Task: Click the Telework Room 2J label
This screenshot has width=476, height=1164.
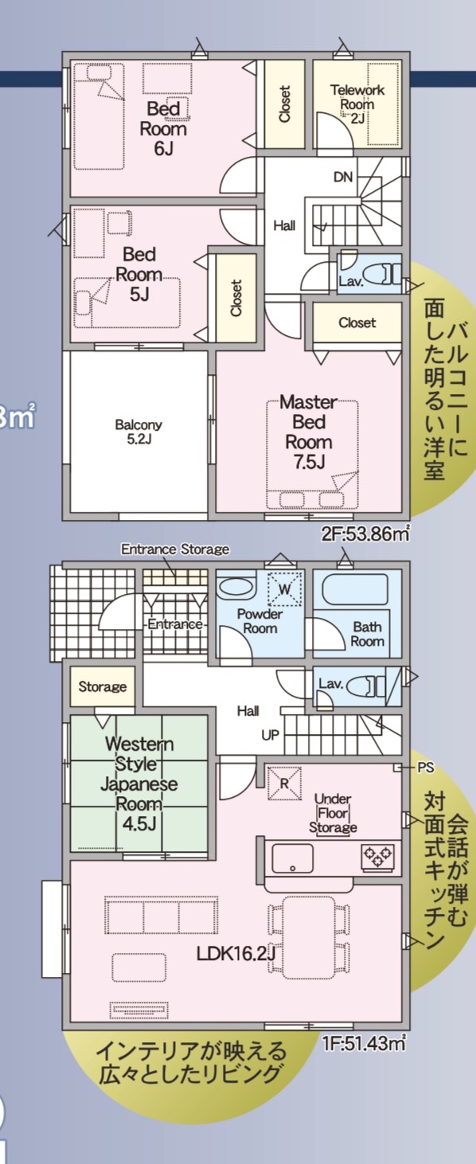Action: [x=357, y=104]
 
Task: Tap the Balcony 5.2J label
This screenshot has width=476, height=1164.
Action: [x=139, y=432]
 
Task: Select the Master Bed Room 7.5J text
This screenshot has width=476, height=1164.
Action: [x=309, y=432]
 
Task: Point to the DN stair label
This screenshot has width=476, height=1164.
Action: [x=343, y=178]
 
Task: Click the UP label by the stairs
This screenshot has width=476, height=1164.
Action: [x=270, y=735]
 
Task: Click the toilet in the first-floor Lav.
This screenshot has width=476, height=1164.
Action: [x=365, y=686]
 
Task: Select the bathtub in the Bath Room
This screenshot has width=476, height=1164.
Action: [x=356, y=590]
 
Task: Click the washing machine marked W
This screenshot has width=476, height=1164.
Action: [x=285, y=588]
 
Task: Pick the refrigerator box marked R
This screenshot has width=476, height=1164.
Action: [x=284, y=783]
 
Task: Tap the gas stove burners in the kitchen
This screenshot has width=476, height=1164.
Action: [x=378, y=856]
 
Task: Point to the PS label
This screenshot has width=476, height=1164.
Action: [x=426, y=767]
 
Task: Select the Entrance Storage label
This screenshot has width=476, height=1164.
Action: [x=175, y=549]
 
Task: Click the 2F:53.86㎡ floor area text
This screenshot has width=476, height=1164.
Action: [x=365, y=533]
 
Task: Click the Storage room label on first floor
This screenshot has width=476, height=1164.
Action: [x=103, y=687]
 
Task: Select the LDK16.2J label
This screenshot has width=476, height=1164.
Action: [x=236, y=952]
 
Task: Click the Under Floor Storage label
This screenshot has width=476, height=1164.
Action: [x=333, y=813]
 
